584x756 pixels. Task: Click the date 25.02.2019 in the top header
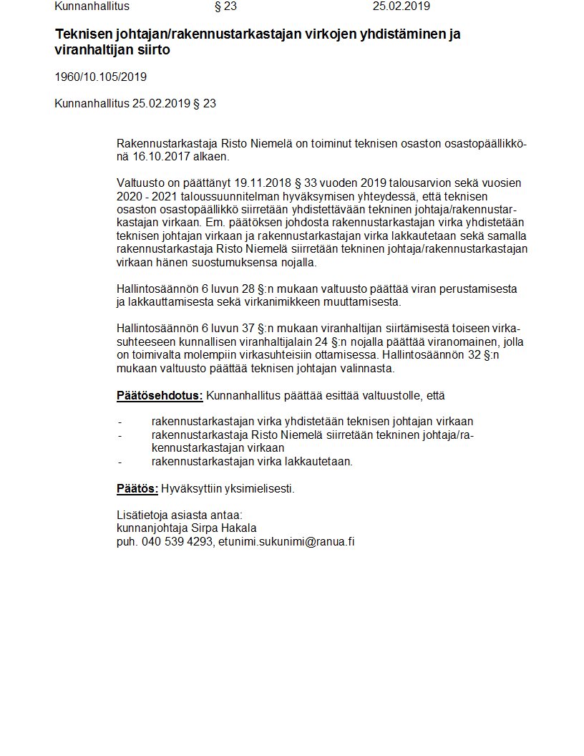point(401,6)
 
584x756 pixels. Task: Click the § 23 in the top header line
point(225,6)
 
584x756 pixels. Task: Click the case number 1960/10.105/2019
point(100,77)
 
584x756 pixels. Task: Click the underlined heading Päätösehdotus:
point(160,395)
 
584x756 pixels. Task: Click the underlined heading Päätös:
point(137,489)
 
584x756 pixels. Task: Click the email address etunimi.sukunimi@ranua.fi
point(286,542)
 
